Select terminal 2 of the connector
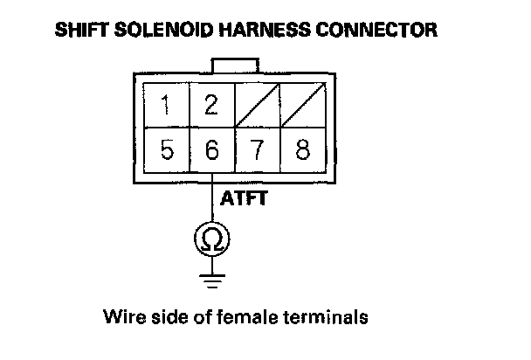(210, 107)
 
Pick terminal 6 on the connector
(210, 150)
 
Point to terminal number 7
(257, 150)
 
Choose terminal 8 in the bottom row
(302, 150)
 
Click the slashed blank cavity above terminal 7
(257, 107)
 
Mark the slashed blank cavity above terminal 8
(302, 107)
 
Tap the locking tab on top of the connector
(234, 66)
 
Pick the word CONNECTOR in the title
(383, 31)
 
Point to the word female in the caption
(238, 315)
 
